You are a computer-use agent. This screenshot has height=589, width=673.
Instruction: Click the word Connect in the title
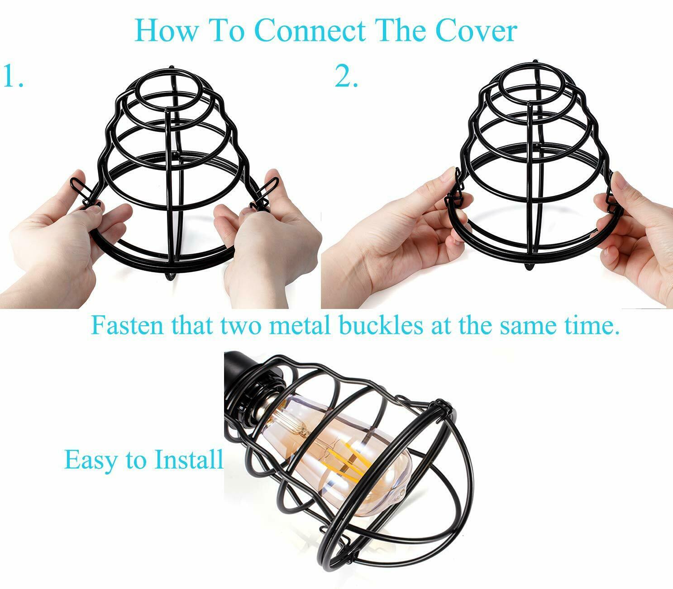coord(312,31)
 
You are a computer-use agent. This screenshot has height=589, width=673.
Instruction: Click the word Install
coord(189,459)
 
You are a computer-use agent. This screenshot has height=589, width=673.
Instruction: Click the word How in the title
coord(167,31)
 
